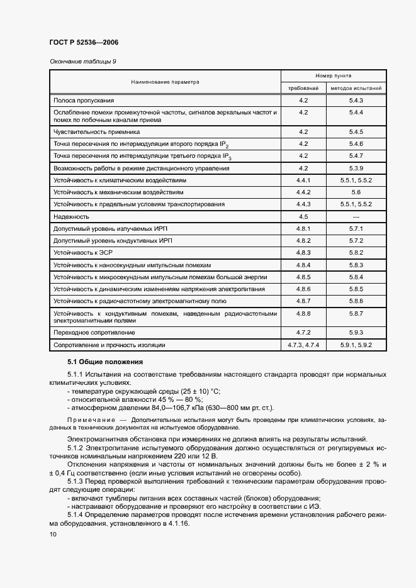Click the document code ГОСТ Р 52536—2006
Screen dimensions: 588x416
tap(83, 42)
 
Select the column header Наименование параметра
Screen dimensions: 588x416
tap(164, 82)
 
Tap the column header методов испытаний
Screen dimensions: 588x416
tap(356, 88)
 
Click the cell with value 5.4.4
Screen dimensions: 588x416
tap(356, 112)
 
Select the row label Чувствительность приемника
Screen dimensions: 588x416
tap(96, 132)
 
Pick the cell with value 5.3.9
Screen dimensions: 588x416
tap(356, 169)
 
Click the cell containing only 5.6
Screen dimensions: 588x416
tap(356, 192)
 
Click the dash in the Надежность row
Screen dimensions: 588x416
tap(356, 216)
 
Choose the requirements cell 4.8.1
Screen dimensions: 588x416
tap(303, 228)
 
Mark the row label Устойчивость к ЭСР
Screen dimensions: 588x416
tap(78, 252)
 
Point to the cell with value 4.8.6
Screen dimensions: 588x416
tap(303, 289)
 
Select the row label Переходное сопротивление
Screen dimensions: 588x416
tap(94, 332)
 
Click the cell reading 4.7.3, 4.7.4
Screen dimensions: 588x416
tap(303, 345)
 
